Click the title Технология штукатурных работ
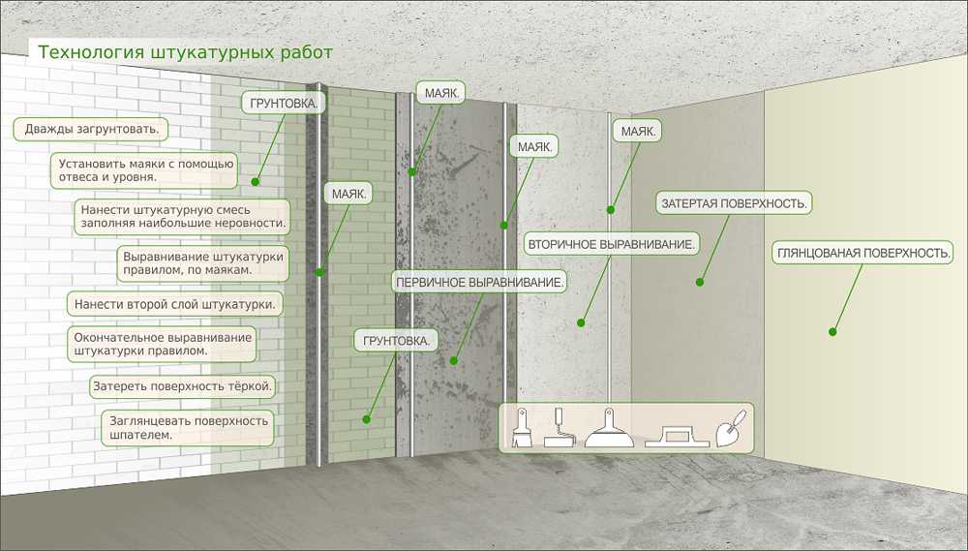click(185, 52)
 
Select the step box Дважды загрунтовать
click(91, 129)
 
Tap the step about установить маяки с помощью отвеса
click(144, 170)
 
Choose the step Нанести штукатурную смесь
click(182, 217)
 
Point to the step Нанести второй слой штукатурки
click(174, 304)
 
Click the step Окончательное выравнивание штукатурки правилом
click(162, 344)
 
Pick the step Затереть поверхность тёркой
click(182, 386)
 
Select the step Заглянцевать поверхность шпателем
click(188, 428)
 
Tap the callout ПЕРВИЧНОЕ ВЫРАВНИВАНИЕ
click(480, 283)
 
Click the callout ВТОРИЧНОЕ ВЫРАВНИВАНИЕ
click(611, 245)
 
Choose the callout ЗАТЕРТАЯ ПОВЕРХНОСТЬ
click(734, 203)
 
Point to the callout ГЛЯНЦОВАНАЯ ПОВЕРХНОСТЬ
click(862, 254)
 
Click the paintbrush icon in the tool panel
click(521, 427)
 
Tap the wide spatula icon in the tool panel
click(609, 427)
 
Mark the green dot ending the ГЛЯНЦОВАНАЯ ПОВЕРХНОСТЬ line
click(832, 332)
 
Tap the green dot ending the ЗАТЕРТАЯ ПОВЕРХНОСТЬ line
click(700, 283)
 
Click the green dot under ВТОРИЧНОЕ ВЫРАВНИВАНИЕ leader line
click(581, 322)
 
